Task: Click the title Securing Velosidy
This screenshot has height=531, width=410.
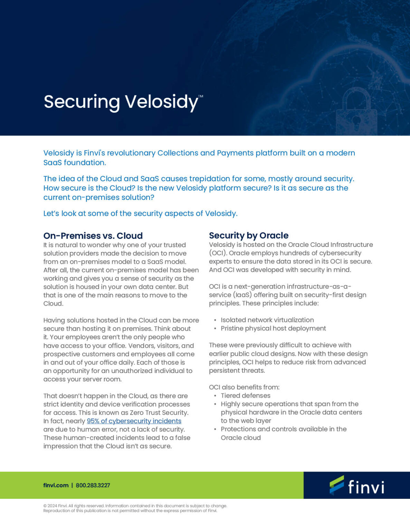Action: (121, 102)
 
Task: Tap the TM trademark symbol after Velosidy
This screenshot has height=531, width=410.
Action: (201, 96)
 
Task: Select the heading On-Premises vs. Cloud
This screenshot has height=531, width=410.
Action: (93, 236)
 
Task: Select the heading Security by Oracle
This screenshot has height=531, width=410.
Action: (248, 235)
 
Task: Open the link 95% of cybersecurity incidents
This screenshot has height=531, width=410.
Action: (134, 421)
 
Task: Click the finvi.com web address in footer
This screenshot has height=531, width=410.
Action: (56, 485)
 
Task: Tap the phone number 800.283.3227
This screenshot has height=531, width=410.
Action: (93, 485)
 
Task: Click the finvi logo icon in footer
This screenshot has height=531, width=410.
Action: (336, 485)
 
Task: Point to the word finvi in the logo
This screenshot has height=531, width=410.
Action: (366, 487)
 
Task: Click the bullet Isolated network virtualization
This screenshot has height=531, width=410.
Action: (267, 320)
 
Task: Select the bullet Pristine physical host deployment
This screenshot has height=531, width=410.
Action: (273, 328)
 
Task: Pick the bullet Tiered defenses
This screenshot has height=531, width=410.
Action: (245, 395)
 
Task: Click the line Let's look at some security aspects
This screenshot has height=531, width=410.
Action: (140, 214)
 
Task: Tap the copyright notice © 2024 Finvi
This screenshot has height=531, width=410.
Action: (55, 506)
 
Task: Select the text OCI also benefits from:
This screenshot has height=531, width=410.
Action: (244, 387)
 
